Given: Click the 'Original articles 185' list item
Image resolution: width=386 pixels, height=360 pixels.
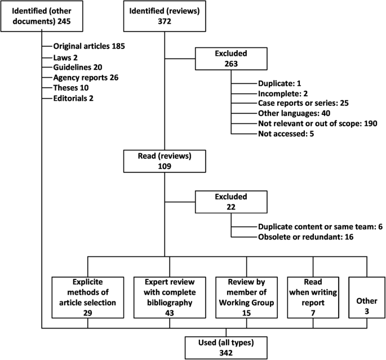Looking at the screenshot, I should pyautogui.click(x=89, y=46).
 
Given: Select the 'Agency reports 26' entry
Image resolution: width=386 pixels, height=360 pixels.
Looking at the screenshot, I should pyautogui.click(x=86, y=77).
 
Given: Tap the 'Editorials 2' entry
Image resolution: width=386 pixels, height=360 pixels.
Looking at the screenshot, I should pyautogui.click(x=73, y=98).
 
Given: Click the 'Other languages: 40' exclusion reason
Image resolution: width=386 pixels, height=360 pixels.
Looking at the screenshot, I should pyautogui.click(x=295, y=113).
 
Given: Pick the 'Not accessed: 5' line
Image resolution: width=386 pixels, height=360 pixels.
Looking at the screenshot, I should pyautogui.click(x=286, y=134).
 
